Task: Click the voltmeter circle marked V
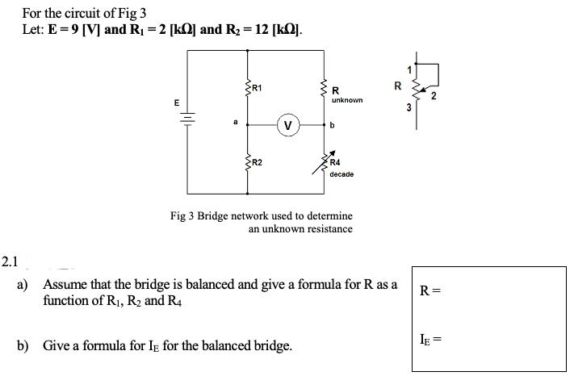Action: click(x=287, y=125)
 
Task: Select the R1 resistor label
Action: click(x=256, y=87)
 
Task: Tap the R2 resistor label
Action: click(x=257, y=163)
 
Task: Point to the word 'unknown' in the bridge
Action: click(x=347, y=101)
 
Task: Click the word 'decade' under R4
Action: click(x=342, y=173)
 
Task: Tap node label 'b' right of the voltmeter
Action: click(x=333, y=126)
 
